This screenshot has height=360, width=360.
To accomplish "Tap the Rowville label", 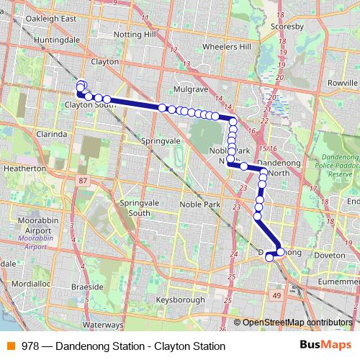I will (342, 83).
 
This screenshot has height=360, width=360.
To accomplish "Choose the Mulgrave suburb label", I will (191, 89).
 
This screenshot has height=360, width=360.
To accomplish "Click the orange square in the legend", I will (10, 346).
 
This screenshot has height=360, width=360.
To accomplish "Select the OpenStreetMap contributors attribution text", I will (298, 323).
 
